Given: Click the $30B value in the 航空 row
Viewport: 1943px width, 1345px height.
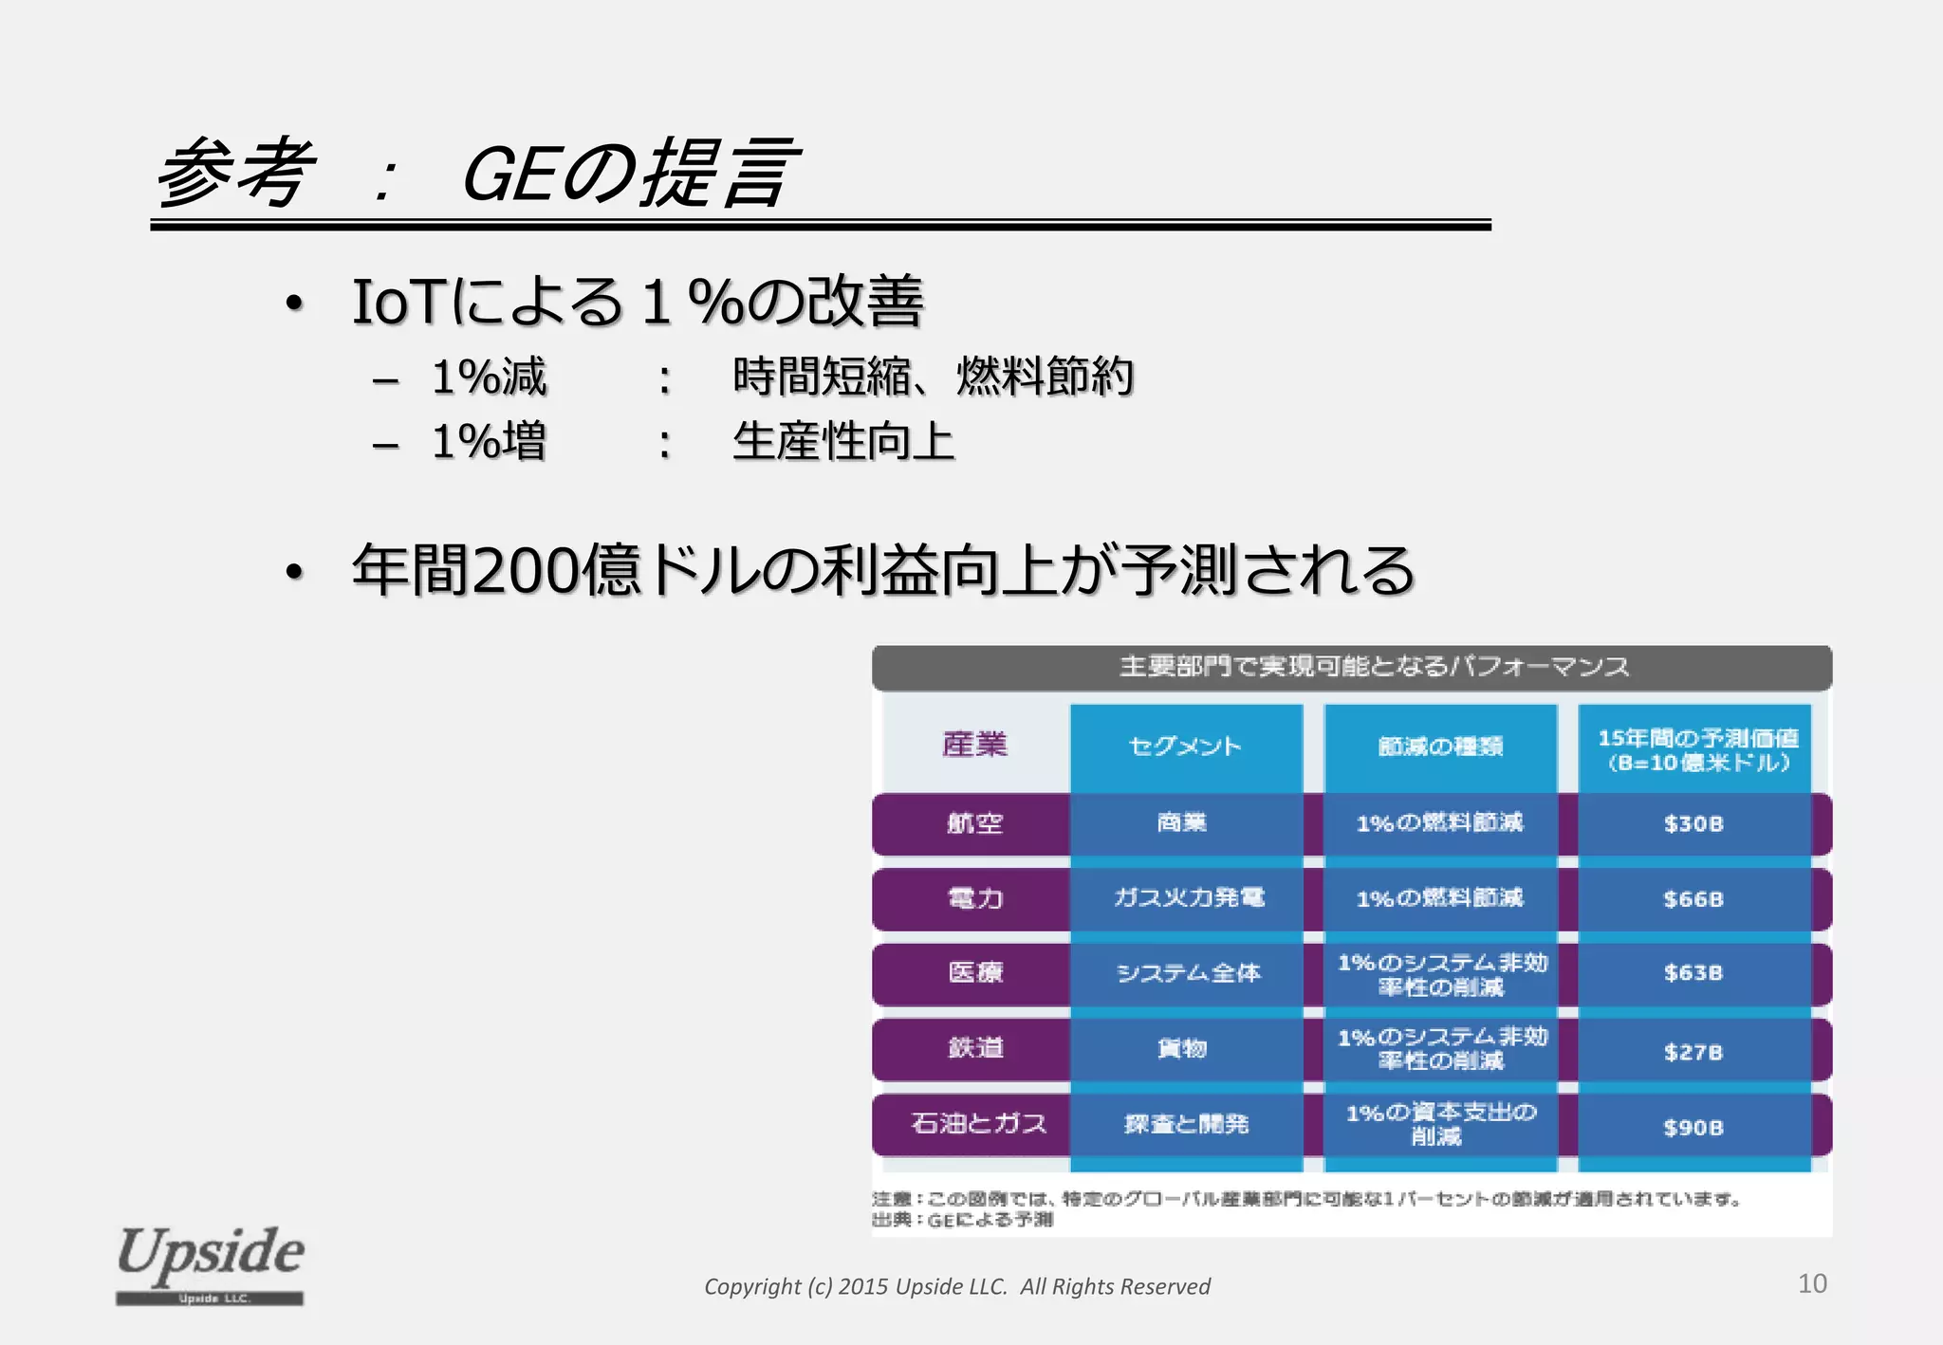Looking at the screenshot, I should click(1693, 823).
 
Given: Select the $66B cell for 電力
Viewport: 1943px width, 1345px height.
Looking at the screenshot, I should click(1693, 898).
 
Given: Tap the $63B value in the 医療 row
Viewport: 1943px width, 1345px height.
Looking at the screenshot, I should click(1693, 973).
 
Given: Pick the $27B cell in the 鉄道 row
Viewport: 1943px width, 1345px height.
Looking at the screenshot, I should click(1693, 1051).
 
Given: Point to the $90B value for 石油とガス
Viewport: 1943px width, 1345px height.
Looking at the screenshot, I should click(1693, 1127).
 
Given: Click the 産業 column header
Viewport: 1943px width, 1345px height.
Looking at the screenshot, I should click(974, 745).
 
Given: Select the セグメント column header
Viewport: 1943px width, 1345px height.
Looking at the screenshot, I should click(1185, 746).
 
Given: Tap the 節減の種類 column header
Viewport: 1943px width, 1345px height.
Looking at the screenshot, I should click(1440, 746).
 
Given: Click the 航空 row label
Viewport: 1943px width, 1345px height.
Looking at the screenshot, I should click(974, 823).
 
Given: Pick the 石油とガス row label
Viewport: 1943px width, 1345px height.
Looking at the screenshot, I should click(978, 1124).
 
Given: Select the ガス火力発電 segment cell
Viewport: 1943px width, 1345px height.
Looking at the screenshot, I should click(1188, 897).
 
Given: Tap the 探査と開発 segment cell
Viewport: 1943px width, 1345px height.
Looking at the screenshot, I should click(1186, 1124).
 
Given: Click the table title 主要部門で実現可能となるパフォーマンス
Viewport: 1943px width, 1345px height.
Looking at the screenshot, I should click(1373, 667).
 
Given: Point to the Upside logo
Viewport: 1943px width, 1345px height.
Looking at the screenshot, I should click(210, 1262).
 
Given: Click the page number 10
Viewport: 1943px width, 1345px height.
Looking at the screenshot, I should click(1812, 1283).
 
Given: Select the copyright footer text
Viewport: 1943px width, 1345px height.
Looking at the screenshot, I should click(956, 1286).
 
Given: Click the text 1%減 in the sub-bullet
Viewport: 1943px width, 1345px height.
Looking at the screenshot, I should click(489, 377).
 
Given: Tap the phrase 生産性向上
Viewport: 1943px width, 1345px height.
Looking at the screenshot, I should click(842, 442).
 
